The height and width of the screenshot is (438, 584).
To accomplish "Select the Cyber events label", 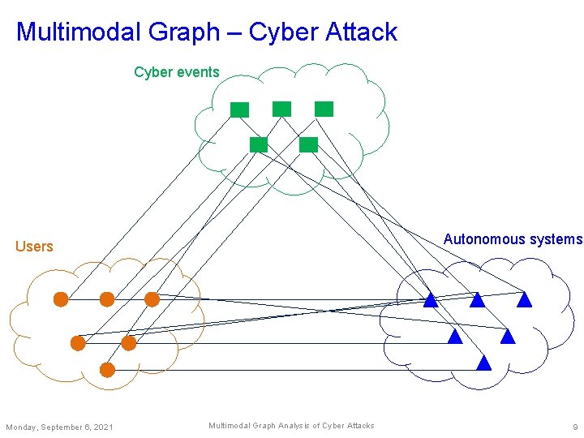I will [176, 72].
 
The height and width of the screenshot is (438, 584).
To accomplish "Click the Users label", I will [34, 247].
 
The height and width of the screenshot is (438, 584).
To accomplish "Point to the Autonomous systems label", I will [513, 239].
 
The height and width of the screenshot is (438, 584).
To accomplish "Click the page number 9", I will [574, 427].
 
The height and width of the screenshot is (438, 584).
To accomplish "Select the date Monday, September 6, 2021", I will [59, 427].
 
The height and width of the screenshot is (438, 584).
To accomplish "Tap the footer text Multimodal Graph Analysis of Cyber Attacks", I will [291, 426].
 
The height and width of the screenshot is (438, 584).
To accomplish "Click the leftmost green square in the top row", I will [239, 109].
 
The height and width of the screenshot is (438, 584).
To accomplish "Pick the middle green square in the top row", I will [281, 108].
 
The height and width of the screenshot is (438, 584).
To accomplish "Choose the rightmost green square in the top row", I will [324, 109].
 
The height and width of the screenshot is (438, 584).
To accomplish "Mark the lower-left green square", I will [259, 145].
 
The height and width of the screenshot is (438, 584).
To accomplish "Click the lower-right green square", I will [308, 145].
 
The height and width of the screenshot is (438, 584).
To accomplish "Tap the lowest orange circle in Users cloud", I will [107, 370].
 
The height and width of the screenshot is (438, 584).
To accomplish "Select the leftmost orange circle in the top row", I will [61, 299].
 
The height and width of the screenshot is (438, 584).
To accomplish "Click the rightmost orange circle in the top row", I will [152, 299].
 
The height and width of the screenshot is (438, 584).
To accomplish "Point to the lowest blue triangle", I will [484, 363].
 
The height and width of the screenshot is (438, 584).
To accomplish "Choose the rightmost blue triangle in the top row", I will [524, 300].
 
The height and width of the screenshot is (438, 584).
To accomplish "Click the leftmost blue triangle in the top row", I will [431, 300].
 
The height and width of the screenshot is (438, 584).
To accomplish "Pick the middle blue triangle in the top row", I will [477, 300].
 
